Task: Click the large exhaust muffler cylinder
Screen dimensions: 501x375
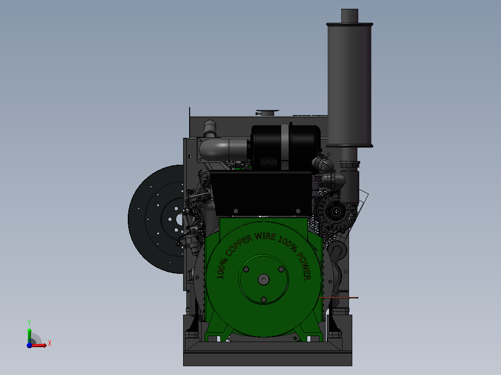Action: [x=349, y=85]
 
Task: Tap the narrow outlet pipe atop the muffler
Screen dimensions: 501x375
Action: [x=349, y=16]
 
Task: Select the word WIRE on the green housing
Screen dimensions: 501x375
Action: [x=265, y=237]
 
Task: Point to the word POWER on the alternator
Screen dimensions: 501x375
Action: [x=304, y=266]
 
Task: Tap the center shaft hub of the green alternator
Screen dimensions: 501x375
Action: [x=264, y=279]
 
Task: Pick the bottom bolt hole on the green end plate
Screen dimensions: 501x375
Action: [x=264, y=300]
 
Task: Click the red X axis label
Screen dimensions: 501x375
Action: [x=50, y=343]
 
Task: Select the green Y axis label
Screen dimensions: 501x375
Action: [x=29, y=323]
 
